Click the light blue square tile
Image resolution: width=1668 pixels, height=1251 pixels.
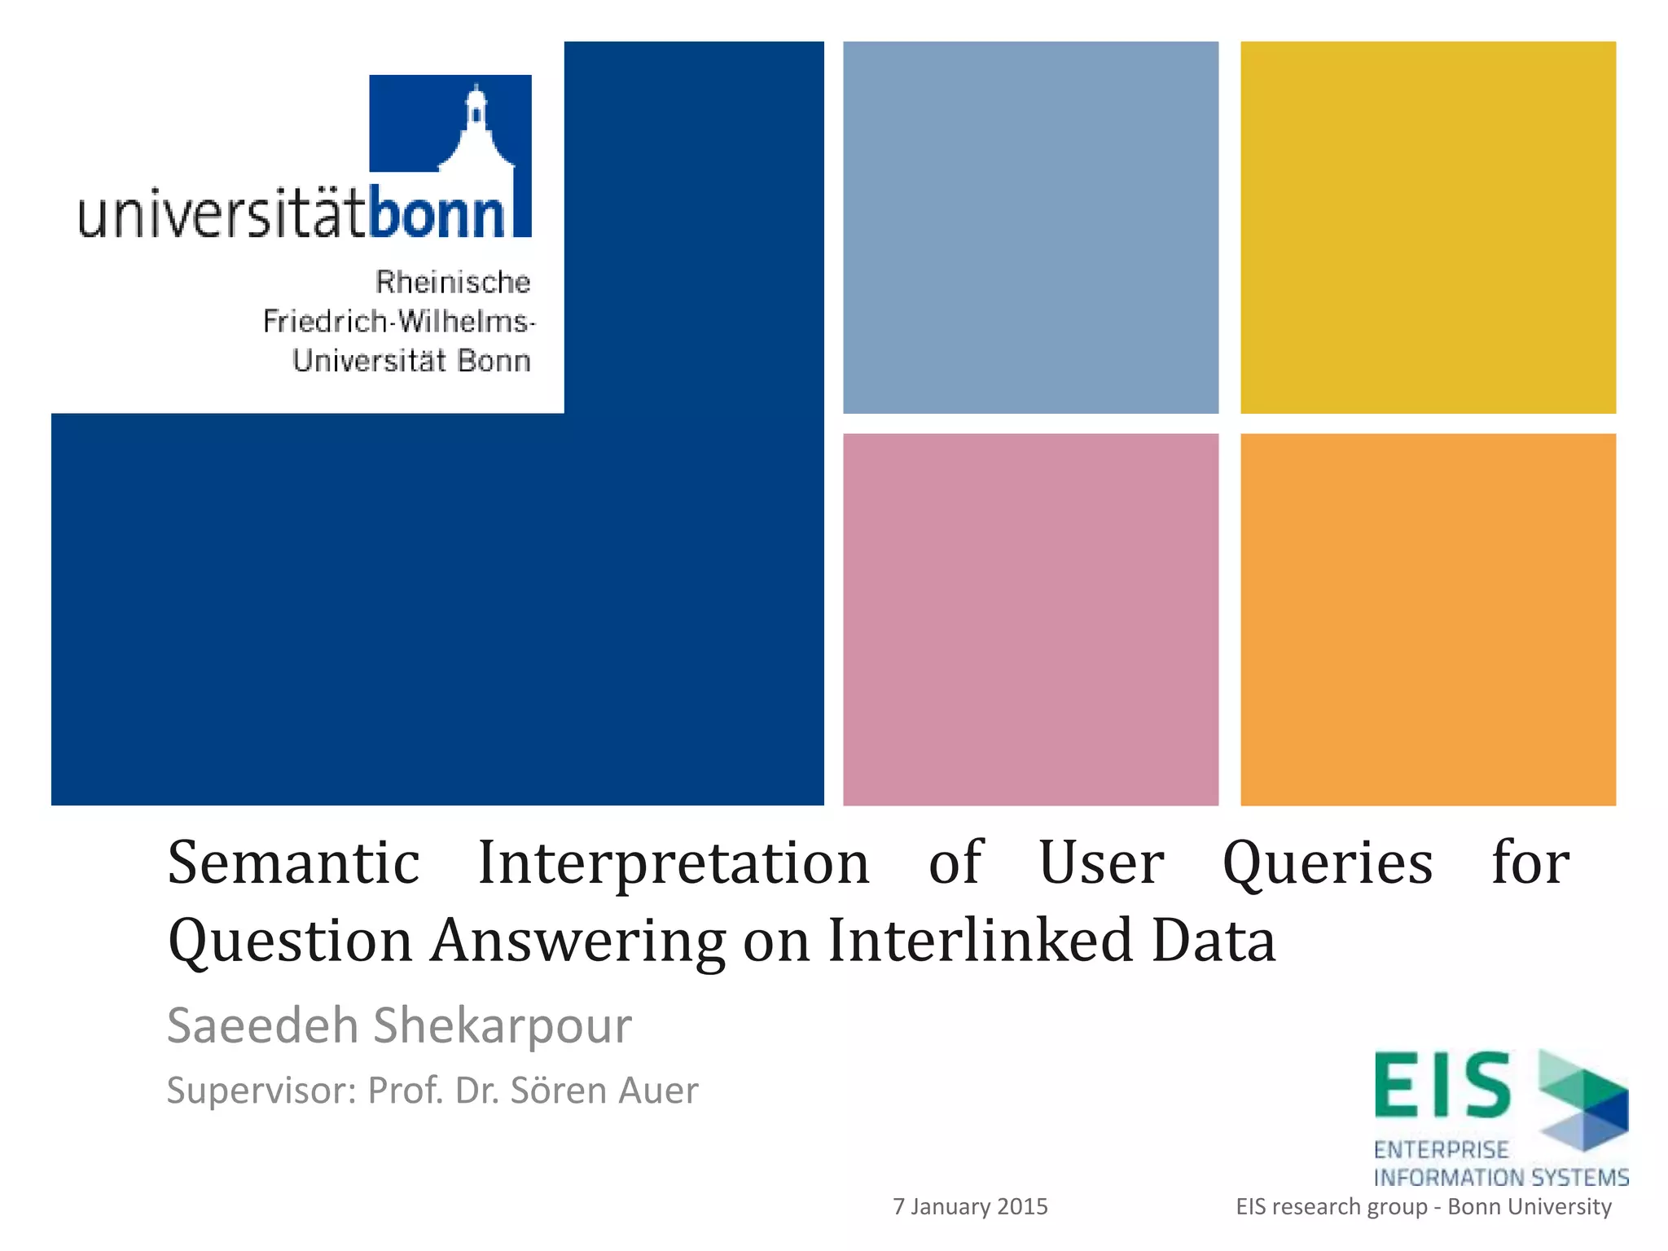(x=1030, y=227)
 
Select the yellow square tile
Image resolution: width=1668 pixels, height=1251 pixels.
(x=1428, y=227)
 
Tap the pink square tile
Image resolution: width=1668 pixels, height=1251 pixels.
(x=1030, y=619)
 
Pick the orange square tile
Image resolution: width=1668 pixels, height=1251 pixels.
(x=1428, y=619)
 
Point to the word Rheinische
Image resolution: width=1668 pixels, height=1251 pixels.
(x=453, y=283)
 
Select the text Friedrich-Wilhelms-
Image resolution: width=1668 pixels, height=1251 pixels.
(x=399, y=322)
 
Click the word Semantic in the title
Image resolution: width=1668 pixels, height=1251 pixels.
(x=293, y=863)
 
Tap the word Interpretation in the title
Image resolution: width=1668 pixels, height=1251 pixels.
(x=674, y=863)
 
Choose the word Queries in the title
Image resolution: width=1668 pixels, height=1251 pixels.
(x=1328, y=863)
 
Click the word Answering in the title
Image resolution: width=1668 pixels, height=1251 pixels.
(x=578, y=941)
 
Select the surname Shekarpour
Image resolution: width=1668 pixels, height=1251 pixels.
(x=502, y=1025)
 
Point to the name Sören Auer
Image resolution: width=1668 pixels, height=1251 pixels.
(x=604, y=1091)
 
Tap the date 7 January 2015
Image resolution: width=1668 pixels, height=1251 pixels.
(x=970, y=1206)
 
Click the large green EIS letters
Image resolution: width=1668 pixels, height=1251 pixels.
(x=1442, y=1085)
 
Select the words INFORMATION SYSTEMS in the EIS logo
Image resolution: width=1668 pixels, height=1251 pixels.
(x=1500, y=1178)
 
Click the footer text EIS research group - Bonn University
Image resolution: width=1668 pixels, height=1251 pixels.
(x=1423, y=1206)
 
